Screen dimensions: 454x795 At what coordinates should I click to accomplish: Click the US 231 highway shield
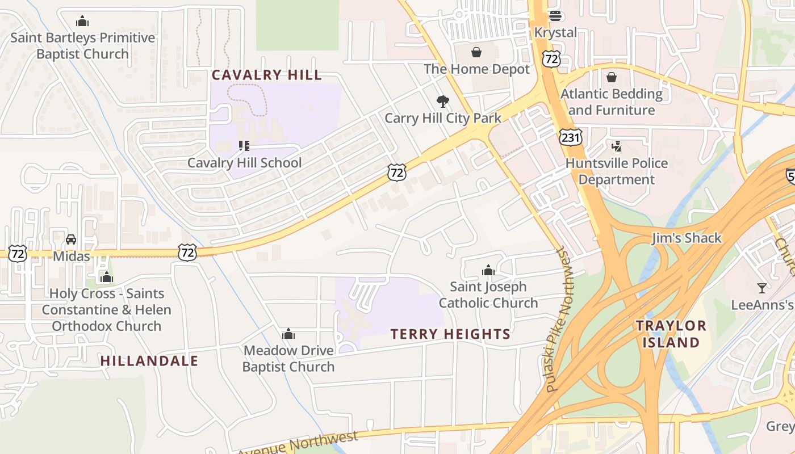click(x=570, y=137)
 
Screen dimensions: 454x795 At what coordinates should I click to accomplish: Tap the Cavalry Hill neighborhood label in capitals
click(x=266, y=75)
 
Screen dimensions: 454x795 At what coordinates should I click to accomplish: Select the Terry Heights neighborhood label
click(x=450, y=334)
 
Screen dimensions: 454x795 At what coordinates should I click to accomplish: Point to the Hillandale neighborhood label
click(x=149, y=361)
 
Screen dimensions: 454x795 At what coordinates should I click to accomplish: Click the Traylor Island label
click(x=671, y=334)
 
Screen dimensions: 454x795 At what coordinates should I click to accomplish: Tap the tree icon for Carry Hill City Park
click(x=442, y=102)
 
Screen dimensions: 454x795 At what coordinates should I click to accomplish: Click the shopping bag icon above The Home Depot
click(x=476, y=52)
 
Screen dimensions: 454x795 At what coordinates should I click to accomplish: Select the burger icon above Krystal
click(x=555, y=16)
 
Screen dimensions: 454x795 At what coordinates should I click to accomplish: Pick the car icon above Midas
click(x=71, y=239)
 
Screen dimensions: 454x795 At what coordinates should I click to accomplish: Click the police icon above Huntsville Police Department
click(x=616, y=146)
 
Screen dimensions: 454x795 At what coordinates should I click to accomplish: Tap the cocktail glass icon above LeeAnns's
click(x=762, y=288)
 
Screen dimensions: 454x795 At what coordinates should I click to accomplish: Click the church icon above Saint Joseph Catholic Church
click(x=488, y=270)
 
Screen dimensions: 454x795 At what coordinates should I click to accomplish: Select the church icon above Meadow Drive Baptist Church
click(x=288, y=334)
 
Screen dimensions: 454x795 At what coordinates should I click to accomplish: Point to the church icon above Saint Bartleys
click(x=82, y=21)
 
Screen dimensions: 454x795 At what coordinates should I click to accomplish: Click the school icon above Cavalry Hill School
click(x=244, y=146)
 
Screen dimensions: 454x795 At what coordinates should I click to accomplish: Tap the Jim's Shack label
click(x=687, y=238)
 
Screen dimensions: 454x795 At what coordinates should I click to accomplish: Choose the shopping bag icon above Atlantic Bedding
click(x=612, y=77)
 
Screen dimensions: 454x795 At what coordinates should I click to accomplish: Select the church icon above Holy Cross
click(x=106, y=277)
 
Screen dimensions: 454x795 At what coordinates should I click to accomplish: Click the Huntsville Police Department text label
click(x=617, y=171)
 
